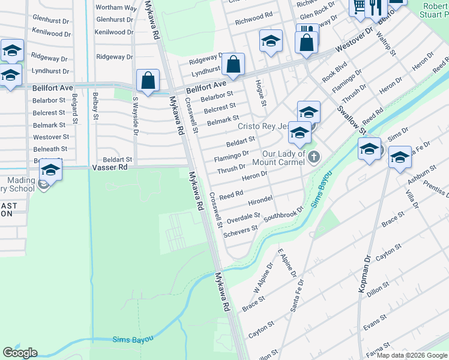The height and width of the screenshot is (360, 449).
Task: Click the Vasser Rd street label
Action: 110,169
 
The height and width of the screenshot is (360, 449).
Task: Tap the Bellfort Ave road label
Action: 205,88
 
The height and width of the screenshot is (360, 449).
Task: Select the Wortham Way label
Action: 116,7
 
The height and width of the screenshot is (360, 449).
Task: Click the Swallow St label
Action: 351,119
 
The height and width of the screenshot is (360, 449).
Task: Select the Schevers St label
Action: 240,230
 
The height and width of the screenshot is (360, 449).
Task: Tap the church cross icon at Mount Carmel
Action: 314,157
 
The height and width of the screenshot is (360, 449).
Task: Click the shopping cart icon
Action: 358,7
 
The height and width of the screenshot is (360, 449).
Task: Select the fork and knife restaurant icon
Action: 376,7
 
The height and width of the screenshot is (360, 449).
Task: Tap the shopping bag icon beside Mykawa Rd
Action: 148,80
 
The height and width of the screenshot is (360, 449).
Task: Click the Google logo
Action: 20,353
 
